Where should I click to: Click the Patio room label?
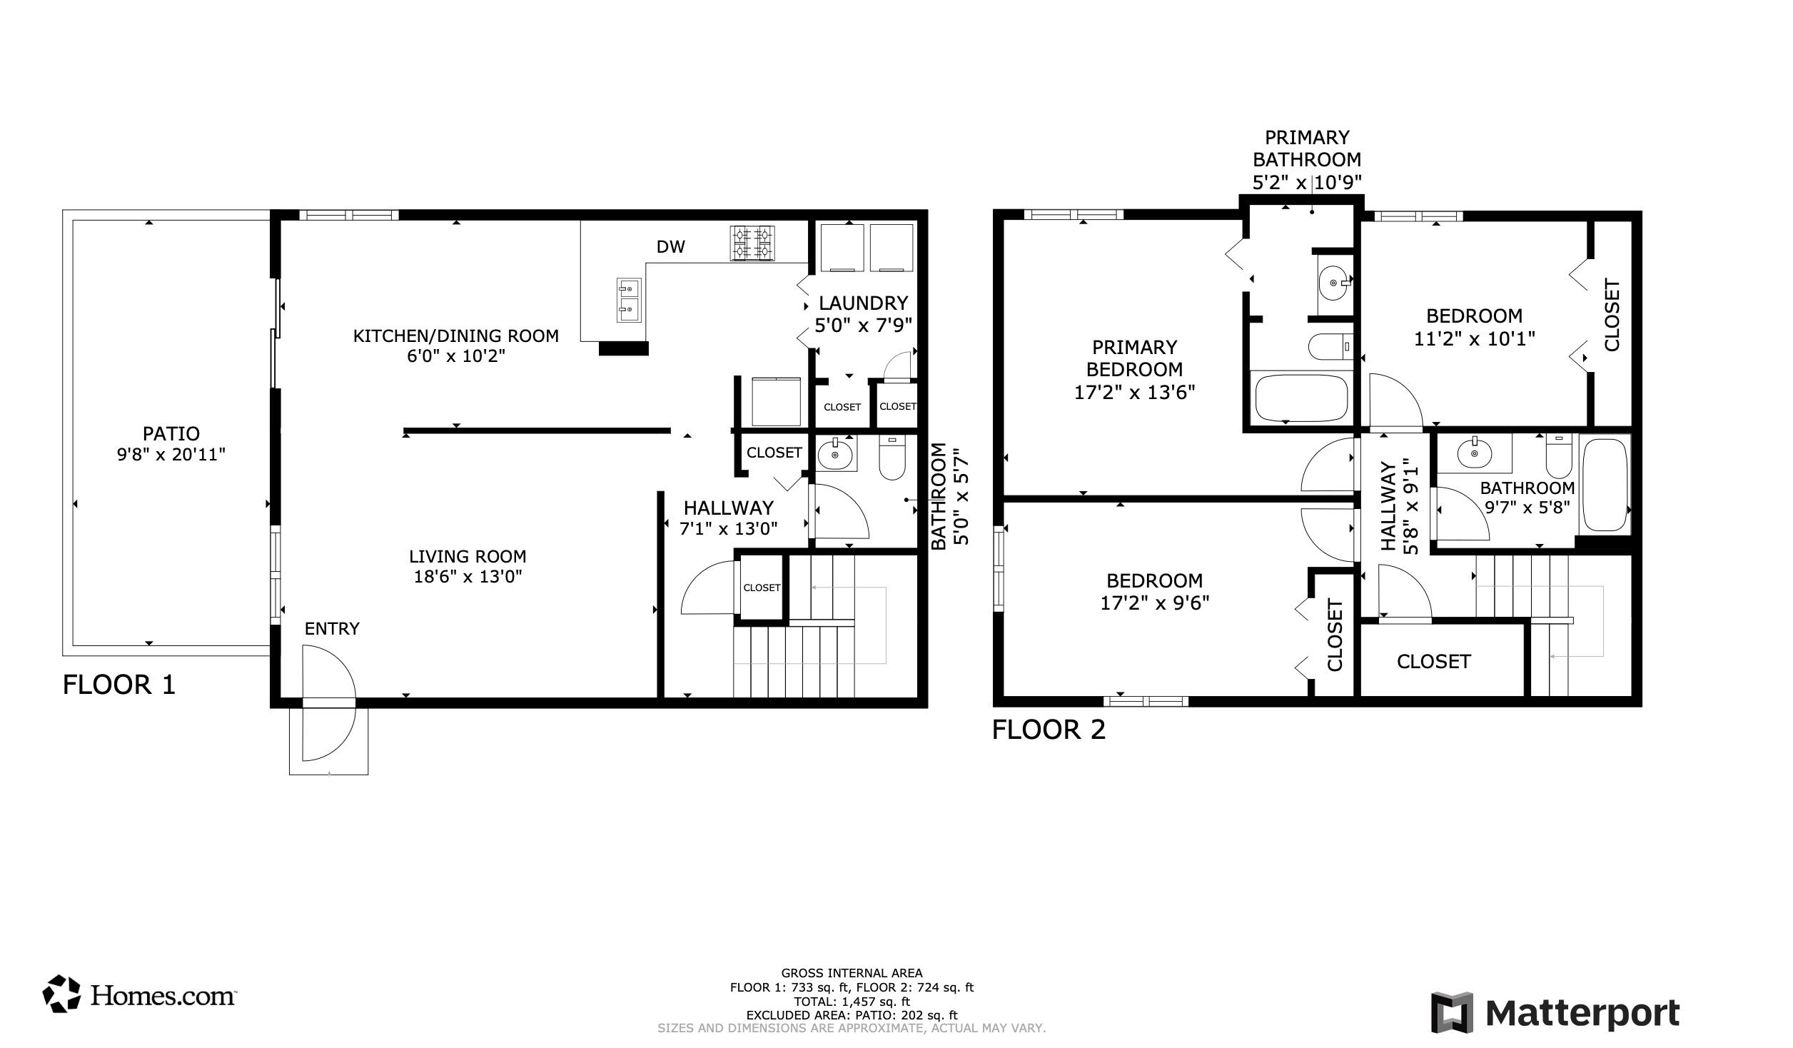point(171,433)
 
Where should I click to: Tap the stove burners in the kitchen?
point(752,243)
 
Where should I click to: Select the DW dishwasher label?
point(670,247)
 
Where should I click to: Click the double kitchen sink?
point(629,301)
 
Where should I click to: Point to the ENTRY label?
point(332,628)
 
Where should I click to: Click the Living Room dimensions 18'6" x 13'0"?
point(468,576)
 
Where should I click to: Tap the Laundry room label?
point(863,303)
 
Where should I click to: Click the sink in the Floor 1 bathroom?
point(836,453)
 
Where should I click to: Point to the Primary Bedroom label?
point(1134,358)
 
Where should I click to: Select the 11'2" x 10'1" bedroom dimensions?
point(1474,338)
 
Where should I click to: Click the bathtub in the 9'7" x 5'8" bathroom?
point(1605,485)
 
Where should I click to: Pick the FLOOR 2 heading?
point(1049,730)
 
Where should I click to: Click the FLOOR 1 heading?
point(118,685)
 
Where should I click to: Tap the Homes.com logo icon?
point(61,994)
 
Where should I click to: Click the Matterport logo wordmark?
point(1582,1014)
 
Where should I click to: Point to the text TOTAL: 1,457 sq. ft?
point(852,1002)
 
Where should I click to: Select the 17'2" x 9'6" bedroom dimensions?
point(1154,603)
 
